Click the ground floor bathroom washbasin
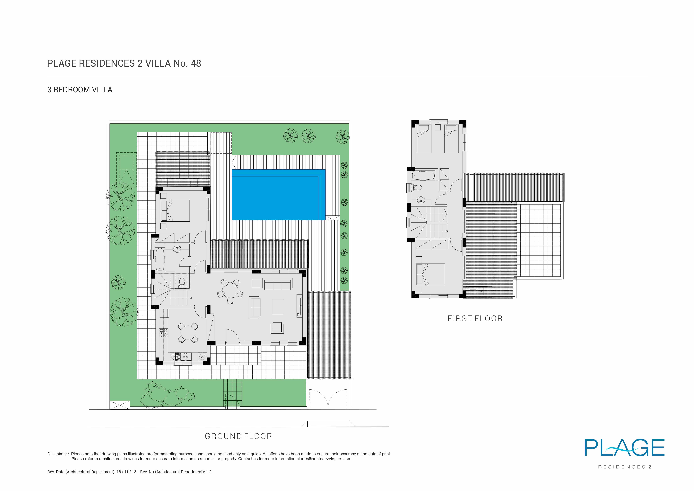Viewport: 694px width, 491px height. (x=177, y=249)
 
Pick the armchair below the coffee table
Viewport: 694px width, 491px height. (x=277, y=327)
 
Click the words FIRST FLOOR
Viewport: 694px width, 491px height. (x=475, y=319)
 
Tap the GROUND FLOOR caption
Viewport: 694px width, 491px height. (x=238, y=436)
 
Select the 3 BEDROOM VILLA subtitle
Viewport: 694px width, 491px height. (x=80, y=90)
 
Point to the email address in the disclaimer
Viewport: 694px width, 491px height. (x=326, y=459)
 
